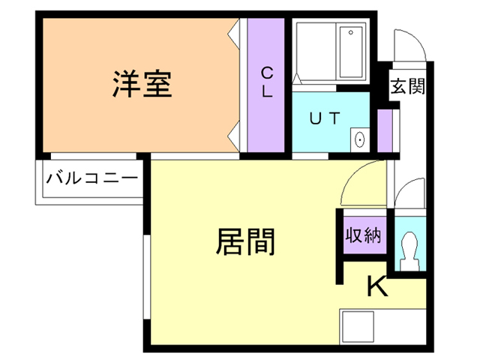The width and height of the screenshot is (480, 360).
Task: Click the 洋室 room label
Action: [x=142, y=84]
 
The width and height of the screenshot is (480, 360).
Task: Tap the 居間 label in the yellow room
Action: [x=246, y=241]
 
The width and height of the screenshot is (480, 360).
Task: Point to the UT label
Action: [x=325, y=118]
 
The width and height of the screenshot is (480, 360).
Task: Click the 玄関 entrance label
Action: [x=406, y=86]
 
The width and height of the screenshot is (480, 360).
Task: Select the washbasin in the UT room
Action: [x=359, y=139]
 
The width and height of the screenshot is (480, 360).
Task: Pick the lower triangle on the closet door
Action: [x=235, y=138]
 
